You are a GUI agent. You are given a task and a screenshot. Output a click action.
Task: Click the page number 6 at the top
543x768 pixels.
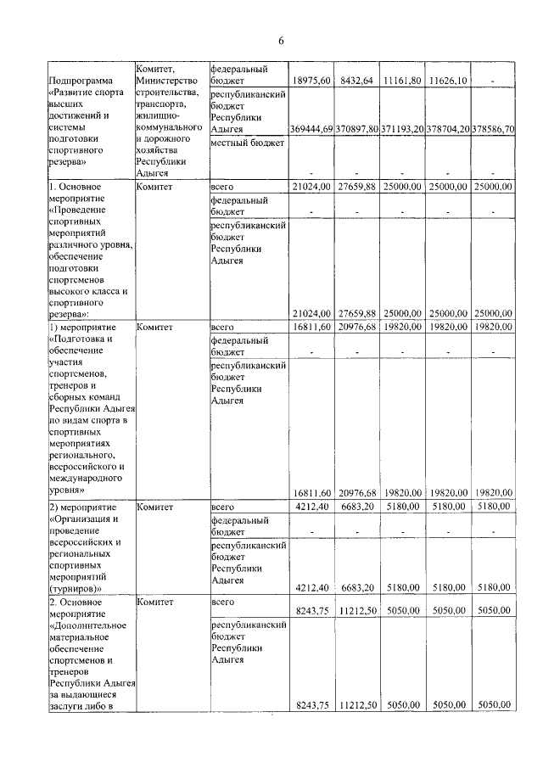tap(280, 41)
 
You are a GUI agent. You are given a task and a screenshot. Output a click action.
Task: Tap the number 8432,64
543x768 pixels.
tap(357, 81)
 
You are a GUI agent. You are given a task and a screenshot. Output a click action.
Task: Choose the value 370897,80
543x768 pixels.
tap(357, 128)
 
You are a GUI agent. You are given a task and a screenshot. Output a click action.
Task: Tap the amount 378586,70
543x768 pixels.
tap(492, 128)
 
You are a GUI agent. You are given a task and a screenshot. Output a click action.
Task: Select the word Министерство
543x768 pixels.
tap(171, 81)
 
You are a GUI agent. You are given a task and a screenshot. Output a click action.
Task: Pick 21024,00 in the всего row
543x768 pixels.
tap(311, 186)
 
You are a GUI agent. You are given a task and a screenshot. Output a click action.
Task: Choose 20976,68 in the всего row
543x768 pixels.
tap(357, 328)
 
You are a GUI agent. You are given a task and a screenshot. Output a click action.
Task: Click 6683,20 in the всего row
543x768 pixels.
tap(357, 507)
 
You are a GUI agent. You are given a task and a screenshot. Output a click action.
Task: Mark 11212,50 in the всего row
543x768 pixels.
tap(357, 609)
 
